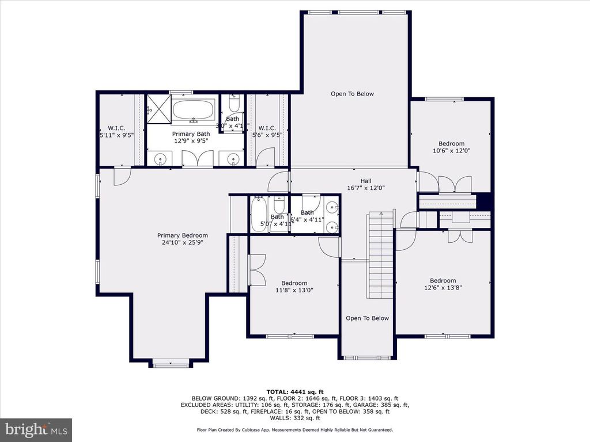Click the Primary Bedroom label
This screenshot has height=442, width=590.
pos(183,235)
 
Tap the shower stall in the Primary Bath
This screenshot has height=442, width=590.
pos(158,109)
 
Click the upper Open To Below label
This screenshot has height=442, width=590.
pos(352,94)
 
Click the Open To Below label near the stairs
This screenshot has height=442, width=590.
pos(367,318)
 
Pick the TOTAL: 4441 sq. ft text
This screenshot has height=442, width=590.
pos(294,391)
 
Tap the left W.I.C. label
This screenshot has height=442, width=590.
pos(116,128)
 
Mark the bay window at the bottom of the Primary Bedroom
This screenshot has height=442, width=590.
pos(169,363)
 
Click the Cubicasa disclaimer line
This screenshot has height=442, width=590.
pos(294,430)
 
